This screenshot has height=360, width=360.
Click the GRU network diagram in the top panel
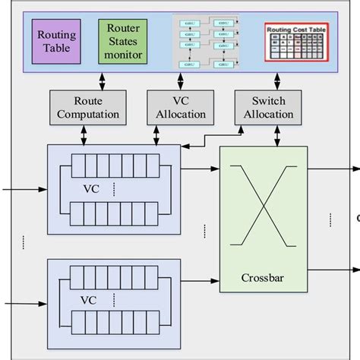click(208, 44)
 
